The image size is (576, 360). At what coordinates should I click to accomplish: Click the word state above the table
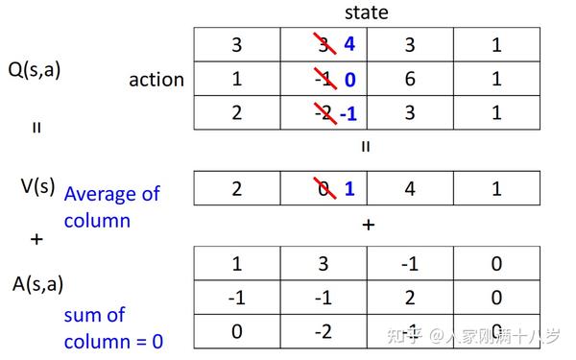[x=367, y=12]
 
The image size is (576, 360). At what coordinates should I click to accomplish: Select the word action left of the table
[x=156, y=80]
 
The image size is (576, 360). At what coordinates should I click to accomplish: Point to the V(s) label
[x=36, y=185]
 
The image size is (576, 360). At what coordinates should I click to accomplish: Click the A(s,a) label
[x=36, y=284]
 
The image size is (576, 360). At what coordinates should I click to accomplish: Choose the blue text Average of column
[x=111, y=206]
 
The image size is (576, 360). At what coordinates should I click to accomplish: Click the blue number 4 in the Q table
[x=348, y=43]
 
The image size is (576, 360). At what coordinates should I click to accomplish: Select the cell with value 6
[x=410, y=79]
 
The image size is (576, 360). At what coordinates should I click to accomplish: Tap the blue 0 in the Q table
[x=349, y=80]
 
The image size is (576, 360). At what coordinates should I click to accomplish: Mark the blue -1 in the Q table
[x=348, y=114]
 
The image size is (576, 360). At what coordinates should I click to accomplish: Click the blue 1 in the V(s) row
[x=349, y=189]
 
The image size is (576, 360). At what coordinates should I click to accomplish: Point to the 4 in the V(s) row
[x=410, y=189]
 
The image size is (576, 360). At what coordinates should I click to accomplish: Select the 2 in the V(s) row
[x=236, y=189]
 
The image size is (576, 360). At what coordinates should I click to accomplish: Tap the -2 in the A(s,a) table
[x=323, y=332]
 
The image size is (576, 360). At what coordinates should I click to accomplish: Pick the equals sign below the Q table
[x=366, y=147]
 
